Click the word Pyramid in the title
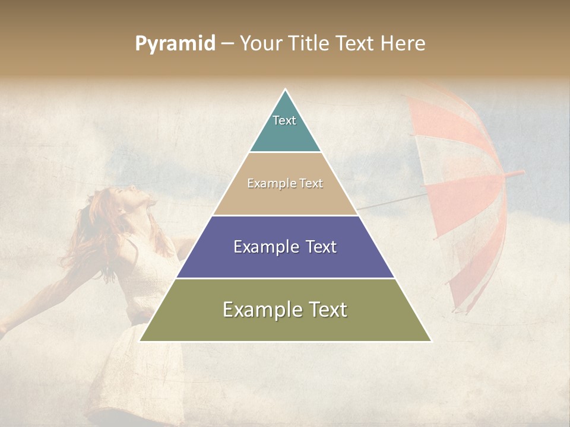point(175,43)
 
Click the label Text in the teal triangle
point(284,120)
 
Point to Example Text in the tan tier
point(285,183)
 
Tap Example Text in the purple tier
point(285,247)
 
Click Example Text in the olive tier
point(285,310)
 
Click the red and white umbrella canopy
point(463,178)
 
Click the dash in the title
point(227,44)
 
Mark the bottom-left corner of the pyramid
point(140,341)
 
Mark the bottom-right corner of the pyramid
point(431,341)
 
